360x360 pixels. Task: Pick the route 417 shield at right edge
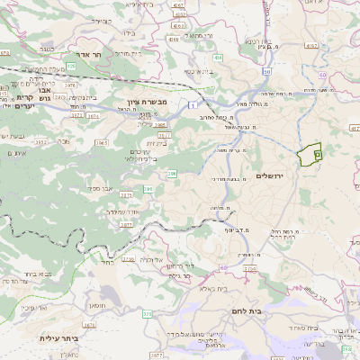[354, 129]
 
